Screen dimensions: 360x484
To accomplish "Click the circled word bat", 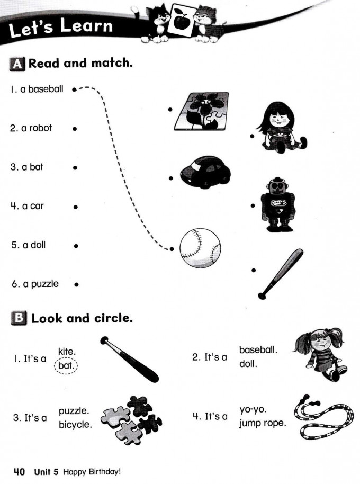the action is tap(66, 365).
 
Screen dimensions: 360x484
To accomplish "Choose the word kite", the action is tap(67, 351).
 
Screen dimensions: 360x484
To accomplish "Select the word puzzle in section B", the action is tap(74, 410).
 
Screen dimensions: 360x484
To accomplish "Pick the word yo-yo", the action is tap(252, 409).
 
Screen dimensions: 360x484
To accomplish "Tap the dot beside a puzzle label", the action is tap(76, 284).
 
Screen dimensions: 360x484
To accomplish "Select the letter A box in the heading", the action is tap(17, 64).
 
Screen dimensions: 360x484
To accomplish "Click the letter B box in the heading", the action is tap(18, 318).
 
